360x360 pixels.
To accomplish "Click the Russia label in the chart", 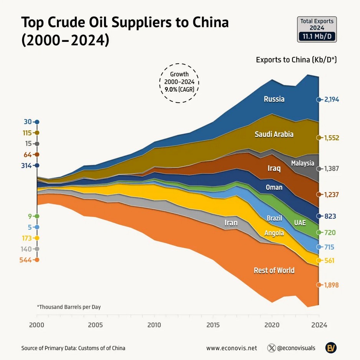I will (274, 99).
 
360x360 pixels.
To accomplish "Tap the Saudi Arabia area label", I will (274, 134).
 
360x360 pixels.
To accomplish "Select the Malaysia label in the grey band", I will (302, 163).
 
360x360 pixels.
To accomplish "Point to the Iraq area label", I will (274, 168).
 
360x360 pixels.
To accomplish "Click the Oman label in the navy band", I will (274, 187).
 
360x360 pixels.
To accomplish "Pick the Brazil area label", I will (274, 218).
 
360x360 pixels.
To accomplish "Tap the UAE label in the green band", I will (300, 223).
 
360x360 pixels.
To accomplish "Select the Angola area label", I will (274, 233).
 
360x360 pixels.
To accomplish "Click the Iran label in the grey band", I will (231, 223).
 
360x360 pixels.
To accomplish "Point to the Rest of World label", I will (274, 270).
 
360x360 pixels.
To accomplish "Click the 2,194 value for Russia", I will (332, 100).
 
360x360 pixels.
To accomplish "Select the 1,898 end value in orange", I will (332, 285).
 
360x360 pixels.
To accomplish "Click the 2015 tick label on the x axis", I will (213, 325).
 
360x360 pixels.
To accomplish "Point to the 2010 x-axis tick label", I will (154, 325).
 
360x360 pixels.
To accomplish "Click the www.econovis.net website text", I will (231, 348).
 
